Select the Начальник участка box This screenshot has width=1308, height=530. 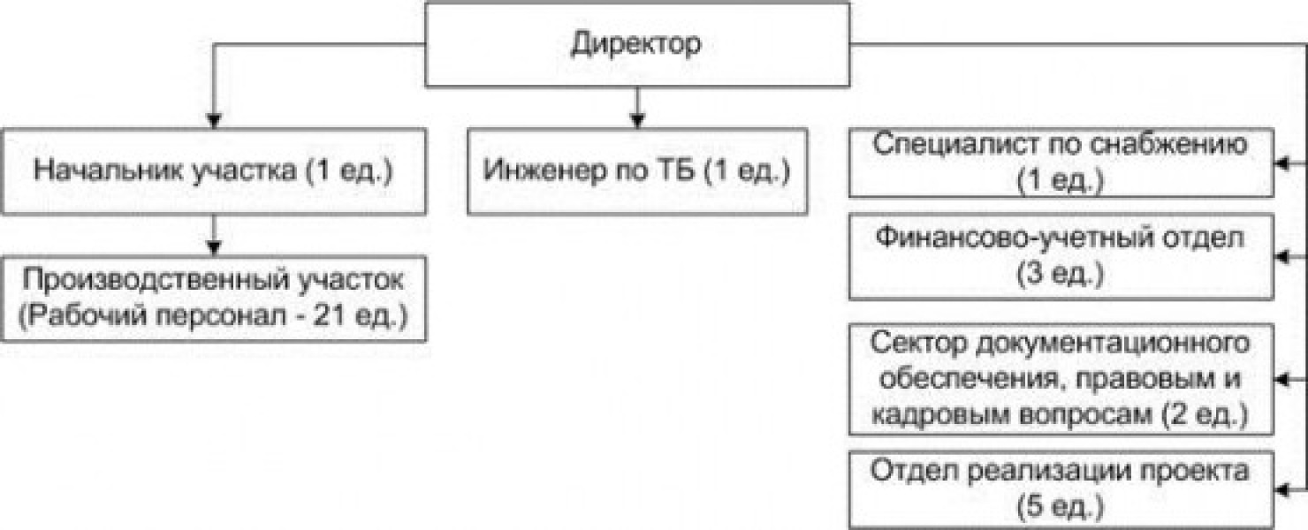coord(213,170)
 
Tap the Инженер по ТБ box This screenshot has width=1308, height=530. coord(636,170)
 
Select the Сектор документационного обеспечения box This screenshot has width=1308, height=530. coord(1061,379)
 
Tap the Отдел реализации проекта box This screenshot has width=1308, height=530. coord(1061,488)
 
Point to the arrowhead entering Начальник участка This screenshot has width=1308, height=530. coord(213,120)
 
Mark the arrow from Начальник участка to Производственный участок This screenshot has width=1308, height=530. coord(213,238)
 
